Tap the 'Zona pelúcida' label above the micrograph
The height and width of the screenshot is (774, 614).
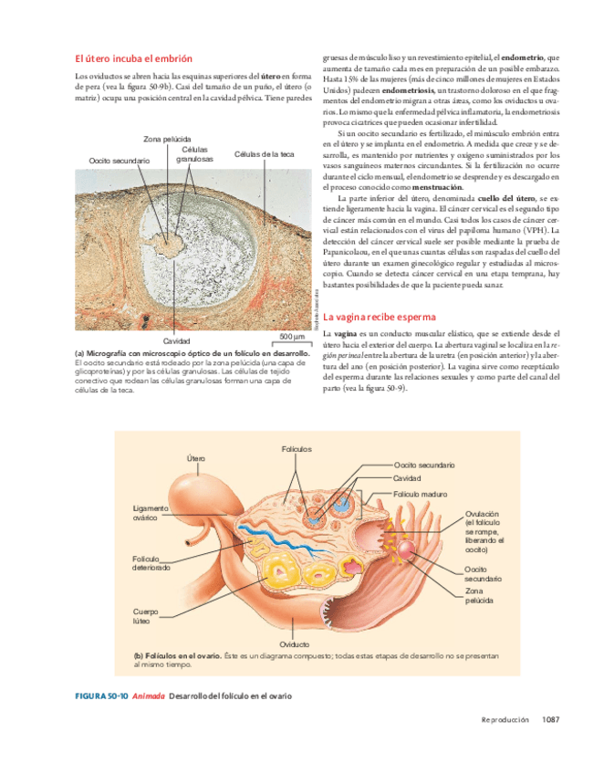[166, 139]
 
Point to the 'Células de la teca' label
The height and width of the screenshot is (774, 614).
[265, 154]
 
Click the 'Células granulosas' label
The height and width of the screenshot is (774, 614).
[197, 153]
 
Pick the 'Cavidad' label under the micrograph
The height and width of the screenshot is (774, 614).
[176, 340]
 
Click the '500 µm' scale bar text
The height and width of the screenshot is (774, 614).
[291, 337]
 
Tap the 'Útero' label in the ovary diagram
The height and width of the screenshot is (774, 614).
[195, 457]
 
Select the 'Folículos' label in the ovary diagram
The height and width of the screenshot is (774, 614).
[297, 449]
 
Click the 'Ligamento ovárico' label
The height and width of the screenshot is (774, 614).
[151, 513]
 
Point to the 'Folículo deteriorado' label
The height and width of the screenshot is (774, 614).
[151, 562]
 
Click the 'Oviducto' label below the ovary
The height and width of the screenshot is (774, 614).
[295, 644]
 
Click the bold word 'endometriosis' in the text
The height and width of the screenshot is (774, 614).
[410, 91]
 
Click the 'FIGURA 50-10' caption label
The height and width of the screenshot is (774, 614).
[100, 696]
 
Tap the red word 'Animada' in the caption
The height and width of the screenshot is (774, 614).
[148, 696]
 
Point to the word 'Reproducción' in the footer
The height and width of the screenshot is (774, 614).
[505, 720]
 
